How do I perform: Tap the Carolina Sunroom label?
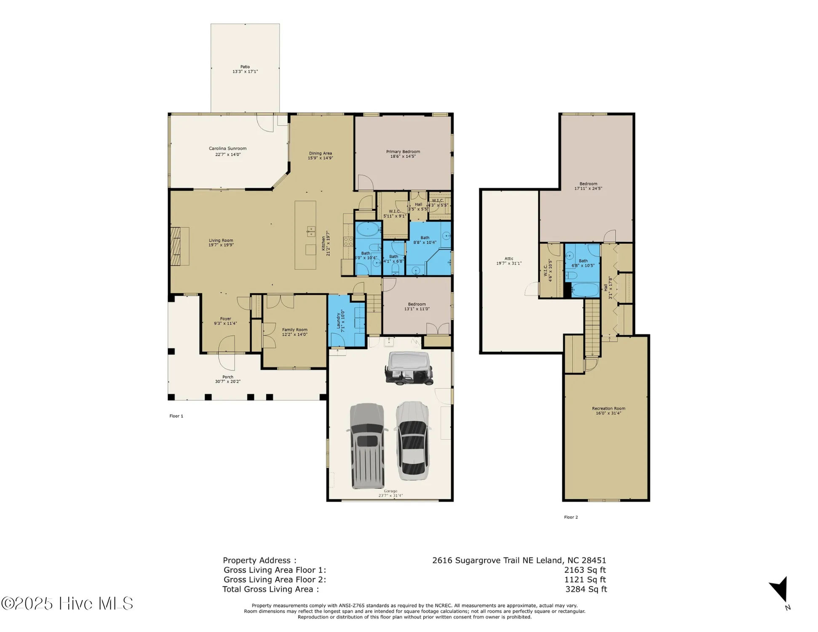tap(227, 149)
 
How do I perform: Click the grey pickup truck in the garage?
tap(367, 446)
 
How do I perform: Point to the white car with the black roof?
tap(413, 441)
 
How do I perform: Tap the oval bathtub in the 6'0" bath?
tap(368, 230)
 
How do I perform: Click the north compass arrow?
tap(780, 590)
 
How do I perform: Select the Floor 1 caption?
tap(176, 416)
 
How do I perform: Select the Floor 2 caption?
tap(571, 517)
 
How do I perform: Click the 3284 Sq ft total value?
tap(586, 589)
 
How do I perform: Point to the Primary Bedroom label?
tap(403, 152)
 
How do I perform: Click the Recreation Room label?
tap(608, 408)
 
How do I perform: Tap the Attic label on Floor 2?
tap(509, 259)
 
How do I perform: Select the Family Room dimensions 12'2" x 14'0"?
tap(294, 335)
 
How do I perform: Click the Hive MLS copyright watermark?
tap(67, 603)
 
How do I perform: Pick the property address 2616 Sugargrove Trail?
tap(519, 560)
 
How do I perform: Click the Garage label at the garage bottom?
tap(390, 491)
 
